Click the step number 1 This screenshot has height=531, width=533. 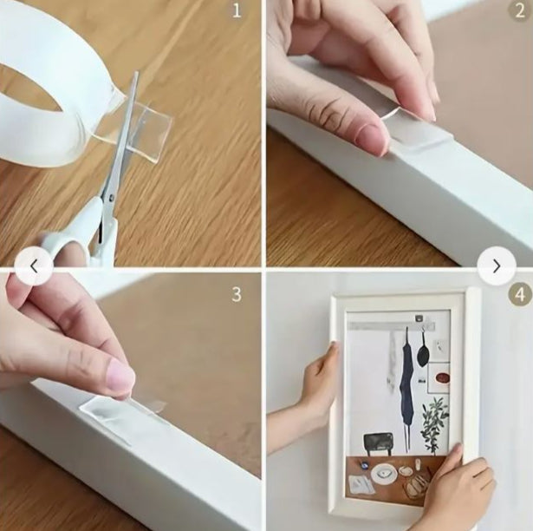[237, 10]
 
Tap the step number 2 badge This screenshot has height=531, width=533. [520, 10]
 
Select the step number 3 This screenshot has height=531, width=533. [237, 294]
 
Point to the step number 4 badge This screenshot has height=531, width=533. [520, 294]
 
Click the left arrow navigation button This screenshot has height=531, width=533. [34, 265]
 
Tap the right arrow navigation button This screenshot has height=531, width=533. [497, 265]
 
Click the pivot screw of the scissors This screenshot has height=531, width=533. [112, 196]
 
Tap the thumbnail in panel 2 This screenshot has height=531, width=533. [372, 136]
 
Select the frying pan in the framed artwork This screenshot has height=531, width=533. [423, 351]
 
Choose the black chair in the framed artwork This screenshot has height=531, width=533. [379, 442]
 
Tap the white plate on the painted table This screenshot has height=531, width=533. [384, 474]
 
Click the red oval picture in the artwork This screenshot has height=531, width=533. [443, 377]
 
